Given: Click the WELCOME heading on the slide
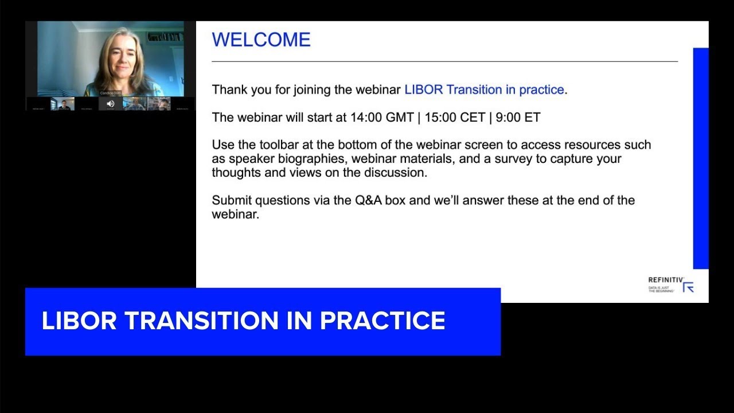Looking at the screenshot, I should click(x=261, y=40).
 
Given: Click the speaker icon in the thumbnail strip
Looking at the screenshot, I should click(x=111, y=104).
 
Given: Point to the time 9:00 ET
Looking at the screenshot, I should click(x=518, y=118).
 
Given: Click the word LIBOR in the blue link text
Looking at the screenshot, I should click(x=423, y=90).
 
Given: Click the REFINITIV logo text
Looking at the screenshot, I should click(x=665, y=280).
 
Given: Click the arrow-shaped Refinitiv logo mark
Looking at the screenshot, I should click(x=689, y=287).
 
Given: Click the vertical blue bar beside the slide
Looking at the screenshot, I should click(x=701, y=158).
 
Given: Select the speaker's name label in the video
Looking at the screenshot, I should click(x=111, y=93).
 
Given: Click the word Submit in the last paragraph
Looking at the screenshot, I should click(x=232, y=201).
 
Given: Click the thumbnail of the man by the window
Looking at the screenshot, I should click(x=63, y=104).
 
